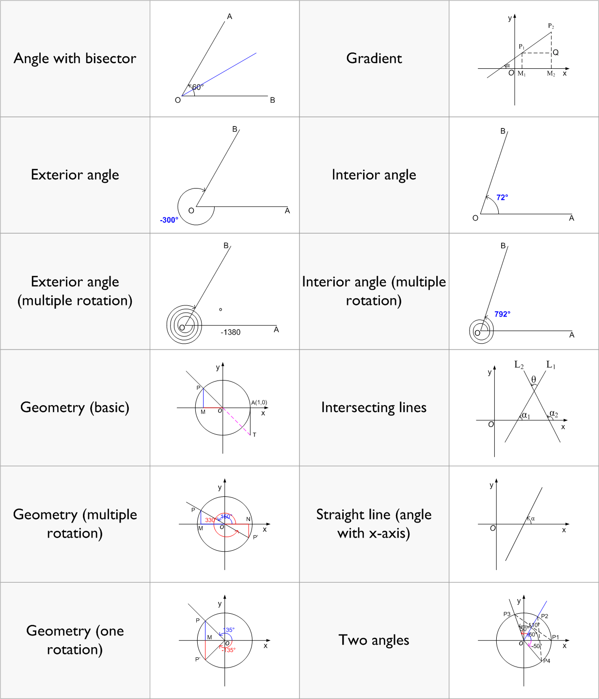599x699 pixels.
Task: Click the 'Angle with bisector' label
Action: (x=75, y=59)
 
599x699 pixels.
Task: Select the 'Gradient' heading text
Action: (x=374, y=59)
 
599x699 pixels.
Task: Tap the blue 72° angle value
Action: (x=502, y=198)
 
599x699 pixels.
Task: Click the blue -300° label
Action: (x=169, y=220)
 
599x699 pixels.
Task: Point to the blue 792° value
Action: (x=502, y=314)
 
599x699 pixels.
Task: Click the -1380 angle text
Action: (x=230, y=333)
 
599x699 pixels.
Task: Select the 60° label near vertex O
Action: (x=198, y=87)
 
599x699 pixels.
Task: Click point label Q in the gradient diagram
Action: (x=556, y=52)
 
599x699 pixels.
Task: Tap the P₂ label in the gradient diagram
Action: (x=551, y=26)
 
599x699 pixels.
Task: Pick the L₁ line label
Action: (x=551, y=365)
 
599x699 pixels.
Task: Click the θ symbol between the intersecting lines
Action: (x=534, y=379)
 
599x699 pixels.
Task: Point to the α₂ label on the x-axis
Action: (x=553, y=413)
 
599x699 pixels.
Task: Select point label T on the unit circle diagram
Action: (x=254, y=435)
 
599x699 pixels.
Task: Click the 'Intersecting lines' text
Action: (x=374, y=408)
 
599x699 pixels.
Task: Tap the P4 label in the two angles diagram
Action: (x=547, y=661)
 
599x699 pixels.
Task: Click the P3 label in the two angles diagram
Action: (x=506, y=614)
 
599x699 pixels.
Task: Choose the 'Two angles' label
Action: (x=374, y=640)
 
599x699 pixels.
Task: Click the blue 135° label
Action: (x=229, y=630)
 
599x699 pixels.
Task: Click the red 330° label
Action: (x=210, y=520)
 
